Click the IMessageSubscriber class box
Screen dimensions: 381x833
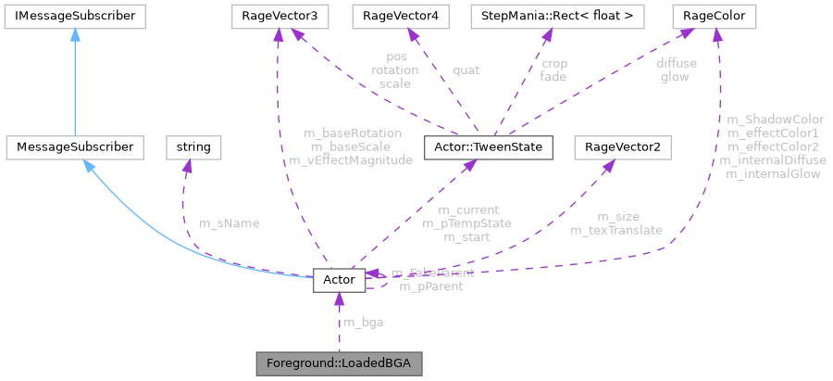(72, 16)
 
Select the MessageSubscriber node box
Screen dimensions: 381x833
(73, 146)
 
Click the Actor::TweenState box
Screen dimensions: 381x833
(487, 146)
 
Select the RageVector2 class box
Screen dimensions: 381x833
(622, 146)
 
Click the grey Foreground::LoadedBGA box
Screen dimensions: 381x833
(340, 362)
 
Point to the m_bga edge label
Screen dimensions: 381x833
(363, 323)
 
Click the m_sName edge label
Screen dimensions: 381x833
(229, 223)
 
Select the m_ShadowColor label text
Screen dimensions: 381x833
(776, 120)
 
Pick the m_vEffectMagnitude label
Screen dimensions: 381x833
(350, 159)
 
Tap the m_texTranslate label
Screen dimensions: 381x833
(615, 230)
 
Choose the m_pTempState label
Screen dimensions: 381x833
(467, 223)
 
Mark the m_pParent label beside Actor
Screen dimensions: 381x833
(431, 286)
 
